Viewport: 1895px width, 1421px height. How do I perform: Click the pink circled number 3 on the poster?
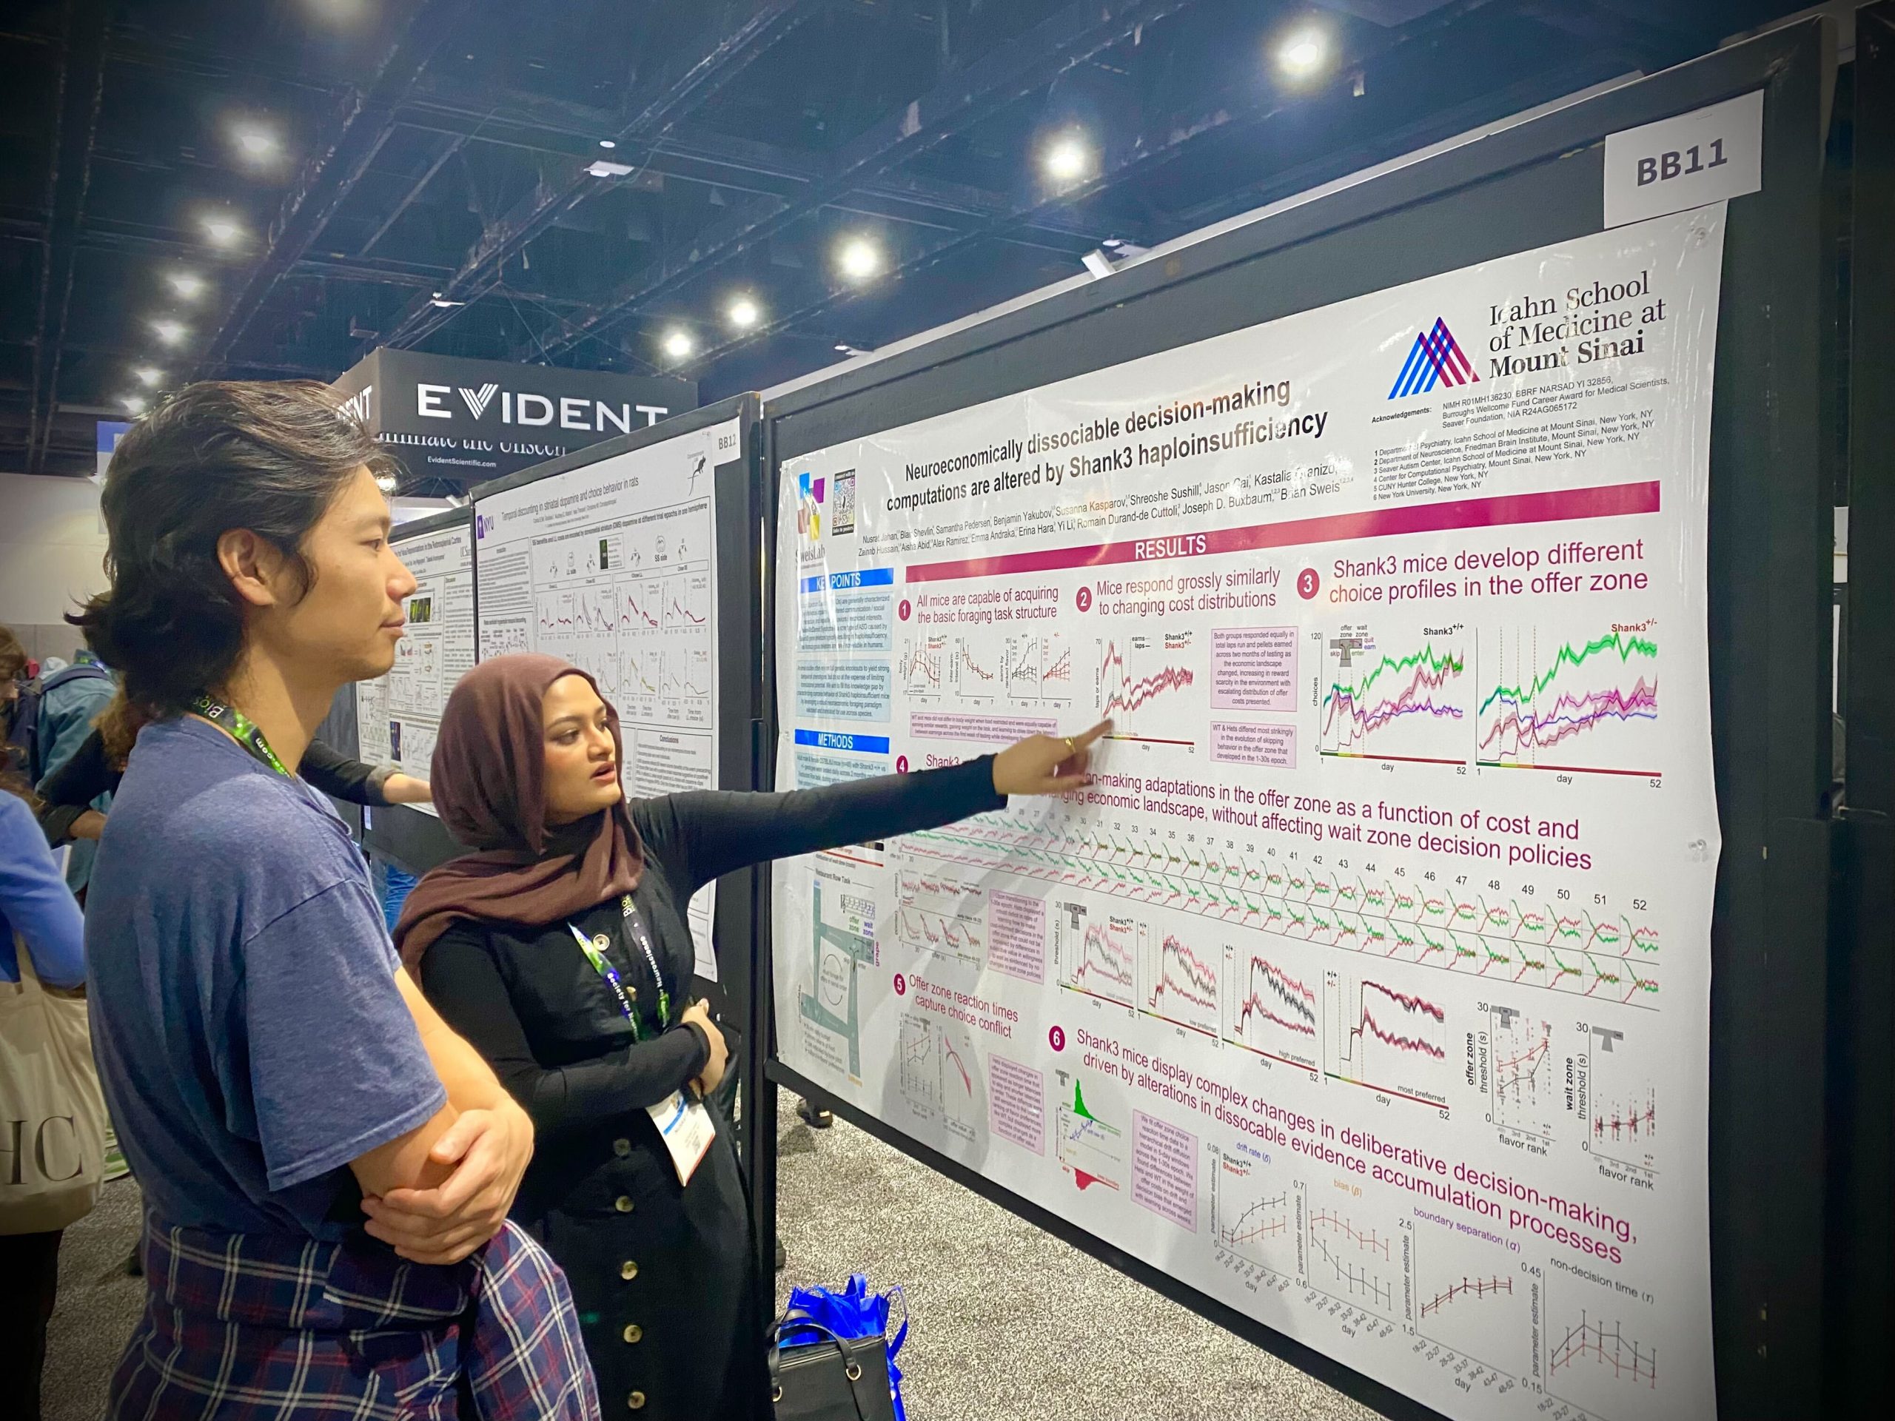(x=1307, y=584)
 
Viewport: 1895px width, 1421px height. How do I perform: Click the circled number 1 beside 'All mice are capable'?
(x=905, y=610)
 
